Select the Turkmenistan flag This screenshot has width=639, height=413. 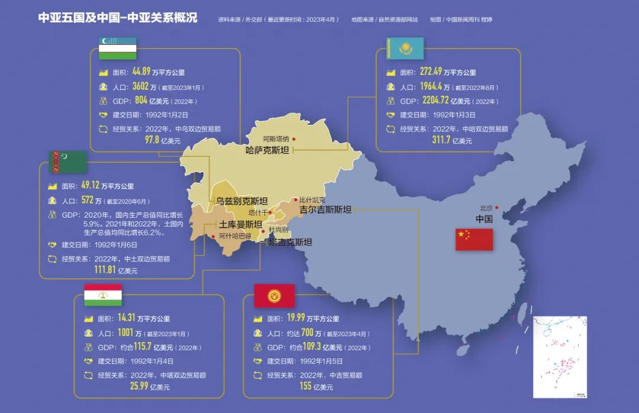(x=68, y=162)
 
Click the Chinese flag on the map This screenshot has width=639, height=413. (x=474, y=239)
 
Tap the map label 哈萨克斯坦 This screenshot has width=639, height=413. (x=267, y=150)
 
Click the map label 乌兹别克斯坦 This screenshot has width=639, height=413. (x=241, y=201)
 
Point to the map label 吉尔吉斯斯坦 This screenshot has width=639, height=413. (x=325, y=209)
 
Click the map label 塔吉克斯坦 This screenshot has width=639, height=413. (x=290, y=241)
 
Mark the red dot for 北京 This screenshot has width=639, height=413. (x=496, y=207)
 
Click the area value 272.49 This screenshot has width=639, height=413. (x=431, y=72)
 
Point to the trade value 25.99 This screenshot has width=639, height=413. (x=142, y=386)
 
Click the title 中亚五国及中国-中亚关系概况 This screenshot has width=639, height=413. (x=118, y=18)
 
